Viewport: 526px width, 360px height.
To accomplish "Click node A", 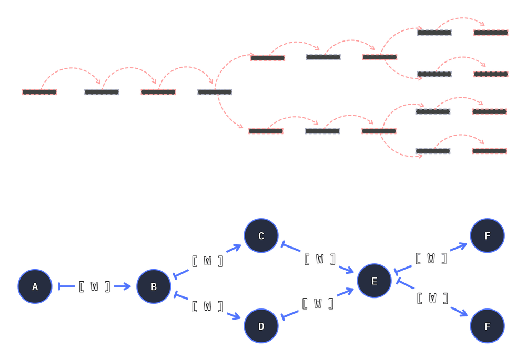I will (35, 287).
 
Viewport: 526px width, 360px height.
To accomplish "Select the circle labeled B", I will (154, 287).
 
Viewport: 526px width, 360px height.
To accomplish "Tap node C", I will (261, 236).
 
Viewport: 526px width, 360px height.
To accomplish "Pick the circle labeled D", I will (261, 326).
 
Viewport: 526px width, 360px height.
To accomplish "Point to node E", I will (374, 281).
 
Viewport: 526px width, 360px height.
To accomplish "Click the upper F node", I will (487, 236).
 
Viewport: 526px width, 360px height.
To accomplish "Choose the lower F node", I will (487, 326).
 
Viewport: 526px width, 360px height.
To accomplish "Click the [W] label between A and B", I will (94, 287).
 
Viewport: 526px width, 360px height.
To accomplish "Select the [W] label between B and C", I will (207, 261).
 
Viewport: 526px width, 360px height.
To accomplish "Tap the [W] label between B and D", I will (207, 306).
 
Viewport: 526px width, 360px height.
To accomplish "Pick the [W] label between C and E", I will (320, 259).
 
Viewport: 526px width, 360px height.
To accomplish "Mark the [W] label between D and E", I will (318, 303).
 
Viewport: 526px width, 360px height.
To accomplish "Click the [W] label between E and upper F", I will (431, 258).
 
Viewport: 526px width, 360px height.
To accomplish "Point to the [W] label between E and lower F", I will (432, 298).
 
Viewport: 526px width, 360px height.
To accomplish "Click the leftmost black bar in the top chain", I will (39, 92).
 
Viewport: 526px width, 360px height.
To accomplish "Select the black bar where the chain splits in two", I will (215, 92).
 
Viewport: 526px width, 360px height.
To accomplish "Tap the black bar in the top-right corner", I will (491, 33).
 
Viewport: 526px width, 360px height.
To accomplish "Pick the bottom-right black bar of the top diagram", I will (489, 151).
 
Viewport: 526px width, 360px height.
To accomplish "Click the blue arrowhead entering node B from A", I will (126, 286).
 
